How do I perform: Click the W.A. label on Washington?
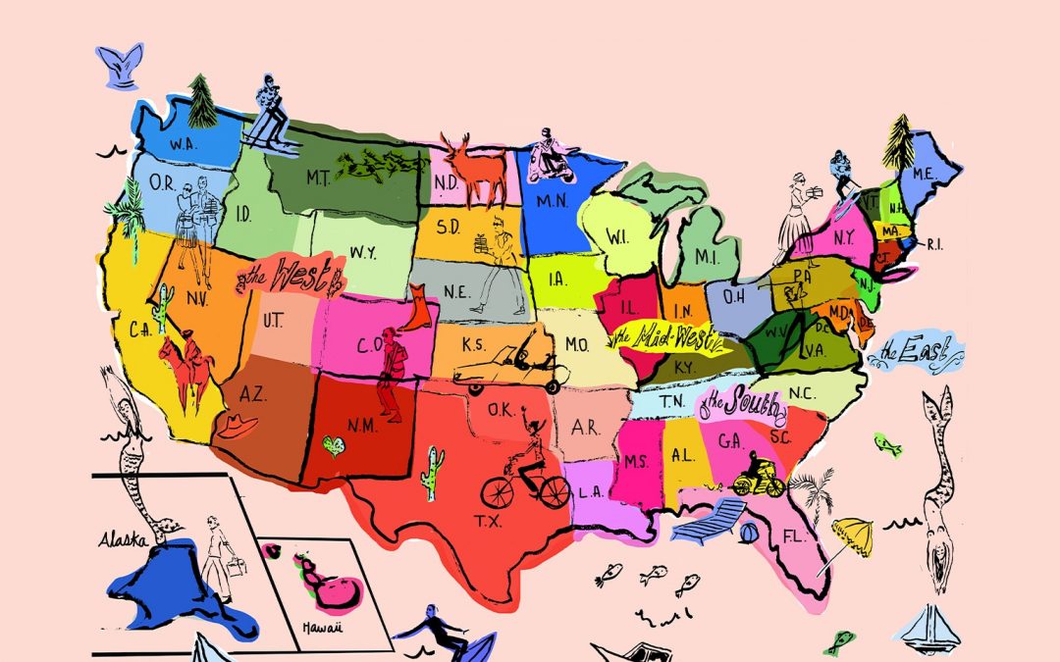(x=181, y=145)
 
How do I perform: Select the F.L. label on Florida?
(x=794, y=538)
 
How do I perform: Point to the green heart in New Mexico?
(x=335, y=447)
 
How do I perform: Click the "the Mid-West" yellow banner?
(x=668, y=339)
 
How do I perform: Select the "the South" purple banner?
(x=742, y=402)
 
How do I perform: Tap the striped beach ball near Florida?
(x=747, y=534)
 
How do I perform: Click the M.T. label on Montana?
(x=316, y=178)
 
